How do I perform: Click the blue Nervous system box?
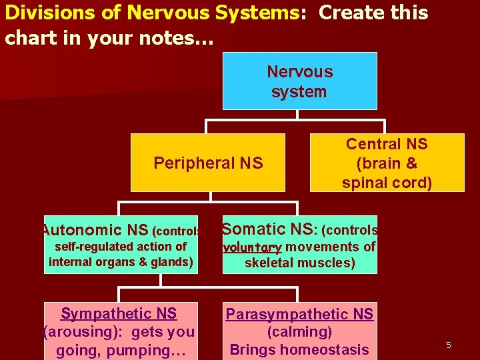[x=299, y=81]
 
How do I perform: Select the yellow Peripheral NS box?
[x=208, y=163]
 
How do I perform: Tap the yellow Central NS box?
[x=387, y=163]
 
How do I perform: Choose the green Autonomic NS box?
[x=121, y=245]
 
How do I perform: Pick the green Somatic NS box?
[x=299, y=245]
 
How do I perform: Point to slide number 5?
[x=449, y=345]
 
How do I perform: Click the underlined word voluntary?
[x=252, y=247]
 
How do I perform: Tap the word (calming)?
[x=299, y=331]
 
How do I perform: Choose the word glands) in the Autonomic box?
[x=173, y=261]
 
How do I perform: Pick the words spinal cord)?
[x=387, y=183]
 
